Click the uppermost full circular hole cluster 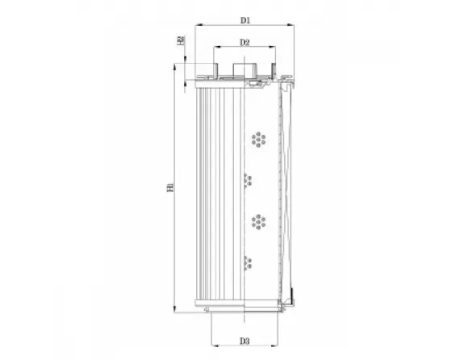[x=258, y=140]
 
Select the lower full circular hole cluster [x=258, y=220]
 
